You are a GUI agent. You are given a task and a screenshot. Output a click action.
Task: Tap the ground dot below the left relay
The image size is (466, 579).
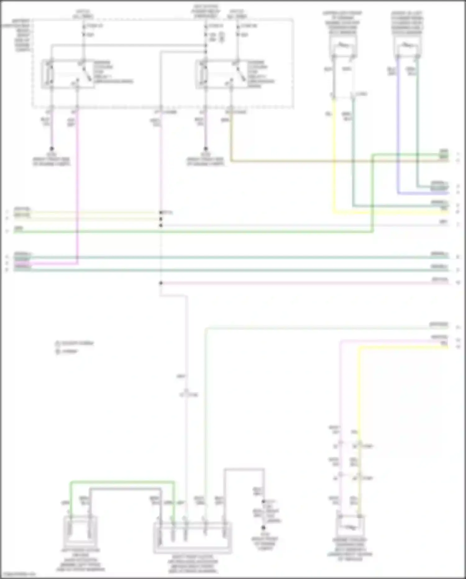(52, 149)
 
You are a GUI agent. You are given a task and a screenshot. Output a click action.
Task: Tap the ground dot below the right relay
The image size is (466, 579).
(205, 149)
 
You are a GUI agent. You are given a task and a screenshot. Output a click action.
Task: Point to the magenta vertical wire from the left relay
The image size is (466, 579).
(77, 187)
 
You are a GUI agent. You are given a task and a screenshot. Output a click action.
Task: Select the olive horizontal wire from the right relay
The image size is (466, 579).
(295, 161)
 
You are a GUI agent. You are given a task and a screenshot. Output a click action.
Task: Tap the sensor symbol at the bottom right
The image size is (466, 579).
(350, 526)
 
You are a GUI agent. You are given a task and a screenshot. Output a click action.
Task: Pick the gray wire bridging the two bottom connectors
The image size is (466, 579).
(124, 489)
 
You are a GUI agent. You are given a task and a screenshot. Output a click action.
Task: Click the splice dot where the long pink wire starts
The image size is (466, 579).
(161, 283)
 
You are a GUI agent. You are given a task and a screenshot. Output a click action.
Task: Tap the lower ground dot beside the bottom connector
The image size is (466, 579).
(263, 528)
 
